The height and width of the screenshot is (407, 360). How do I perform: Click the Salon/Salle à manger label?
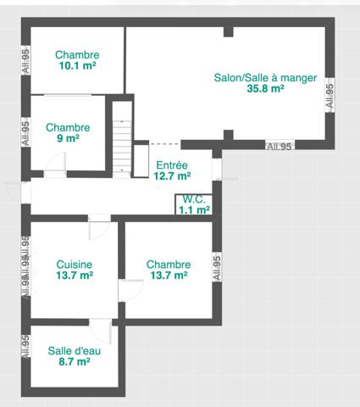265,77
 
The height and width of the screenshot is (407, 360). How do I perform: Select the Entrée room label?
172,165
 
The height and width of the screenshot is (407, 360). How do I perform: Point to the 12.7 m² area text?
172,176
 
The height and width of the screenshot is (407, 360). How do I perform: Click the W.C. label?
194,199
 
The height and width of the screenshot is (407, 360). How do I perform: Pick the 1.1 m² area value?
194,209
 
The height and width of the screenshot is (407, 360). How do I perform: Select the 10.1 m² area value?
77,64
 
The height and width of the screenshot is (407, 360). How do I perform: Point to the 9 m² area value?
68,138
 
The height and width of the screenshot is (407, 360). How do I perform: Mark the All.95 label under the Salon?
279,147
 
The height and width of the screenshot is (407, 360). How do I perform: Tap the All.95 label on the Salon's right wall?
330,92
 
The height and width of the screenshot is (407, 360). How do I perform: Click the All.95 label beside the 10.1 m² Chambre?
25,62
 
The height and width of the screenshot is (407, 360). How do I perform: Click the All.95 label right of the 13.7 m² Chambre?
217,268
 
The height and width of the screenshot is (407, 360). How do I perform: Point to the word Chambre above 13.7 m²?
169,264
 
